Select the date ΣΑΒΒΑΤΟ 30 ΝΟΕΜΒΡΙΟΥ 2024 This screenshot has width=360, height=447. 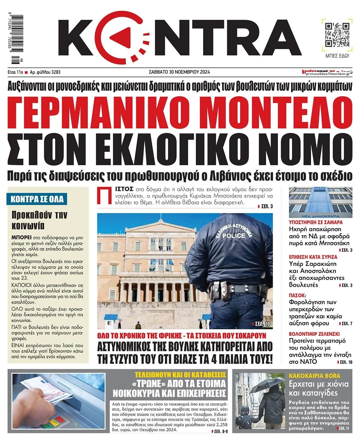coord(179,72)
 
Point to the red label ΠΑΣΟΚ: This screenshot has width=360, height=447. coord(297,295)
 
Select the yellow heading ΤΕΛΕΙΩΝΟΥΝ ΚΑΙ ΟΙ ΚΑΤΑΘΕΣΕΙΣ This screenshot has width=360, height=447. coord(180,375)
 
